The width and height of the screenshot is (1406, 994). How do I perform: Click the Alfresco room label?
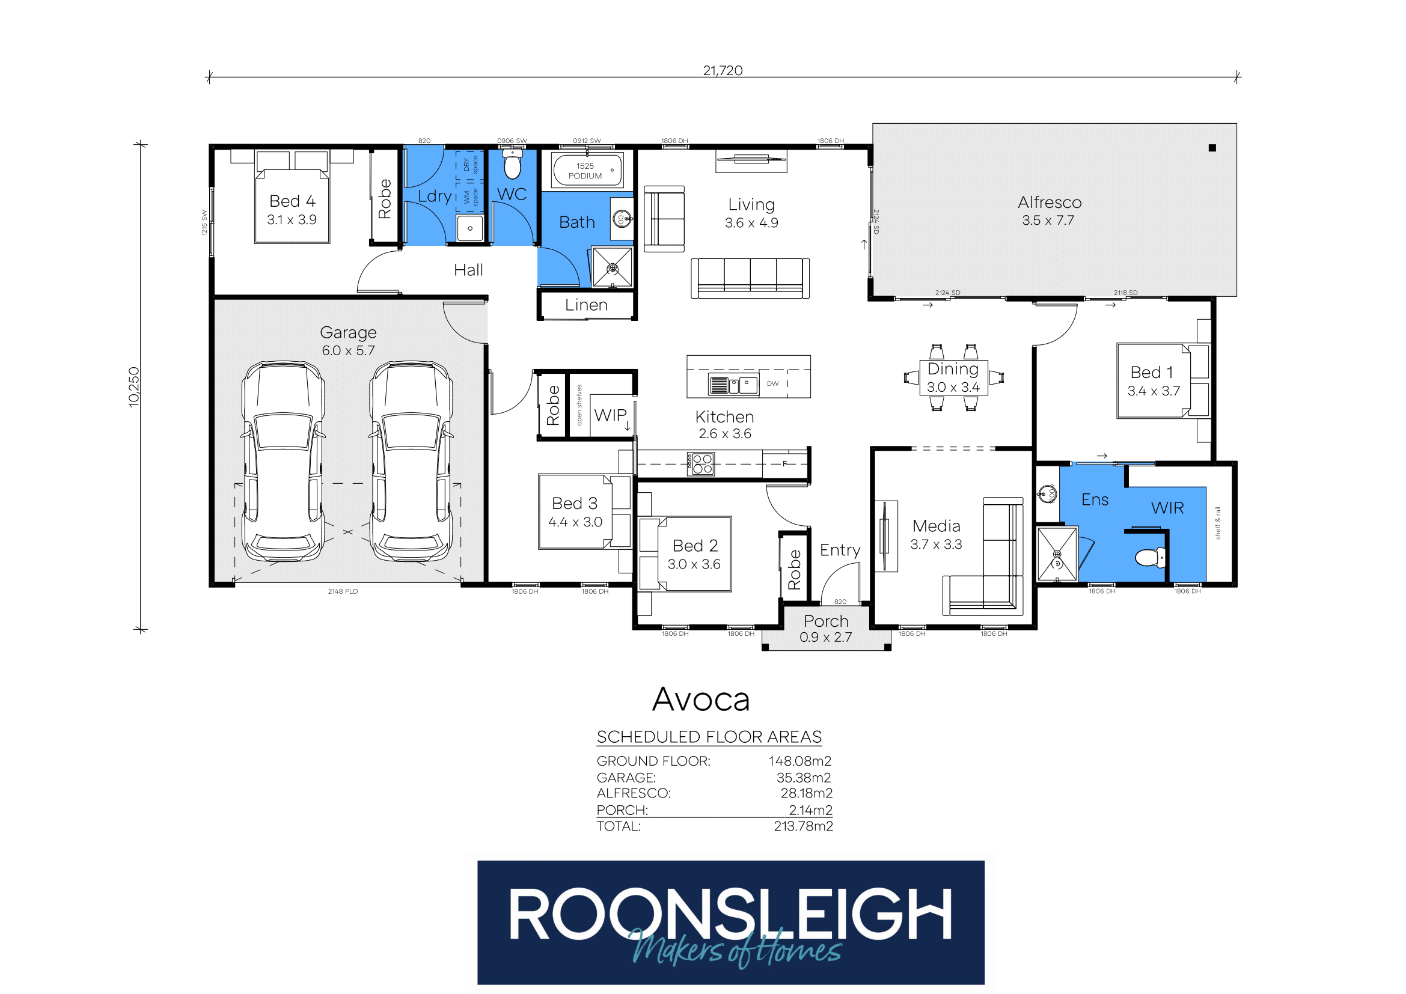pos(1050,203)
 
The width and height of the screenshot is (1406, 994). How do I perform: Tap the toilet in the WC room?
pos(512,163)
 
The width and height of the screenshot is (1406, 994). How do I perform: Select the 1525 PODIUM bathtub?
pos(587,169)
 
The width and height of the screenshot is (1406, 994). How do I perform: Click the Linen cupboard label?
pos(586,305)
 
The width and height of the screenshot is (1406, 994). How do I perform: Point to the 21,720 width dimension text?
pos(723,70)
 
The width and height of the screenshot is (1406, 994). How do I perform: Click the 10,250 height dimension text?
pos(134,387)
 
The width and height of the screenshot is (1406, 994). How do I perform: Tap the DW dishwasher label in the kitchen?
pos(773,384)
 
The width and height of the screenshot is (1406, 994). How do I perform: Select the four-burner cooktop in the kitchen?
pos(700,464)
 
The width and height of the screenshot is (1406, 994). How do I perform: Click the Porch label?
pos(826,621)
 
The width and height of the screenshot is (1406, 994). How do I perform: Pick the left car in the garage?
pos(283,460)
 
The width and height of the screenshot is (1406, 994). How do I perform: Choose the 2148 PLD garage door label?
pos(343,591)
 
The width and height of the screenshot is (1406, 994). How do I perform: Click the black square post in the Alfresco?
pos(1212,148)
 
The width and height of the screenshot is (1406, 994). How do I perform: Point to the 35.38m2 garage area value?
pos(804,777)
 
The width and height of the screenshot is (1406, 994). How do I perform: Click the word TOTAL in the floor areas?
pos(619,826)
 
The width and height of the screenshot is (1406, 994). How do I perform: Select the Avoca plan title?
pos(701,700)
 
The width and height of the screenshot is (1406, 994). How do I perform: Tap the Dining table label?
pos(953,369)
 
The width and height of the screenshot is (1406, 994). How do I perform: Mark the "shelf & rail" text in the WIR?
pos(1217,523)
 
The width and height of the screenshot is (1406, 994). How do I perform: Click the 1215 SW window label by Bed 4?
pos(204,223)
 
